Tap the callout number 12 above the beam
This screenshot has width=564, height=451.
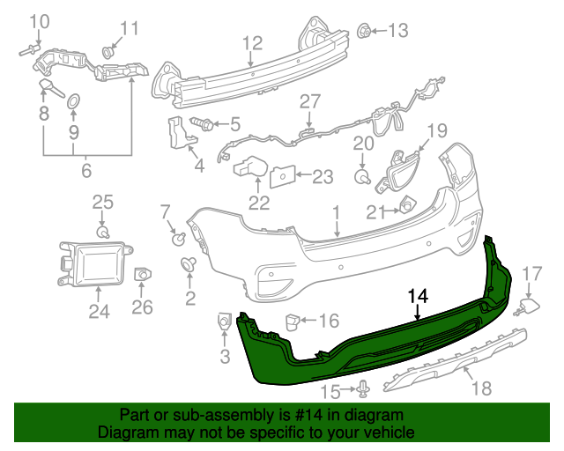pos(252,42)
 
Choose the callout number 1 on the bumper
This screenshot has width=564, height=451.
pos(336,212)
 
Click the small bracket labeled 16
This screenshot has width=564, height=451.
pos(290,322)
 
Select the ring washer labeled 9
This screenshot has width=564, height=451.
pos(74,102)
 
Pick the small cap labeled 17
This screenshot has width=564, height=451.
pos(529,306)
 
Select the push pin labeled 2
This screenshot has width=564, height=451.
pos(189,263)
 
